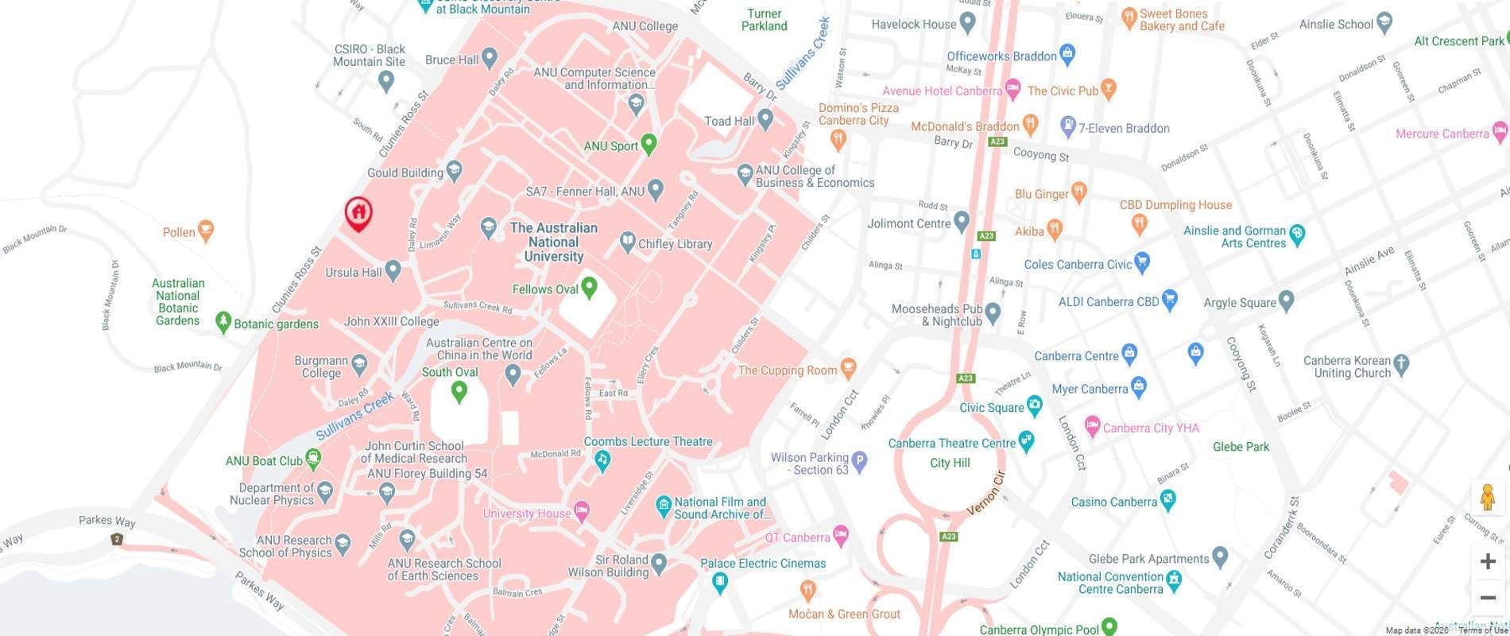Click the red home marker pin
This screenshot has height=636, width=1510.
pyautogui.click(x=358, y=213)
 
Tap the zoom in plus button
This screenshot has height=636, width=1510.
pyautogui.click(x=1488, y=561)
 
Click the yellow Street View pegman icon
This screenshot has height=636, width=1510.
pyautogui.click(x=1488, y=498)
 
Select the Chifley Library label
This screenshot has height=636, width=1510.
pyautogui.click(x=675, y=244)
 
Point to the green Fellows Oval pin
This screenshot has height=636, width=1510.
pyautogui.click(x=589, y=287)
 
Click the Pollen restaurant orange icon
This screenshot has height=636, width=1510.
pyautogui.click(x=206, y=231)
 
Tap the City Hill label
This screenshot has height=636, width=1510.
pyautogui.click(x=950, y=463)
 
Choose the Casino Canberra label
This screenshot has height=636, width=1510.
pyautogui.click(x=1113, y=502)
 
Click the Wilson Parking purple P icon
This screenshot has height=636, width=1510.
pyautogui.click(x=859, y=460)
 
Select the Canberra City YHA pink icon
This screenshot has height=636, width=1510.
pyautogui.click(x=1092, y=427)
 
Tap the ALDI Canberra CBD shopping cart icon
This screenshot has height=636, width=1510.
pyautogui.click(x=1169, y=301)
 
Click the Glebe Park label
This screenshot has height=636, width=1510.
pyautogui.click(x=1241, y=447)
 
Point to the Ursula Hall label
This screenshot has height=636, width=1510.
pyautogui.click(x=354, y=272)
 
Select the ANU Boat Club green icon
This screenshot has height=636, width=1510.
pyautogui.click(x=313, y=457)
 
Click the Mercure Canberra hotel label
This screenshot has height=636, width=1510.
pyautogui.click(x=1442, y=134)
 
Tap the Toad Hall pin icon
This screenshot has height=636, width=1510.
pyautogui.click(x=765, y=119)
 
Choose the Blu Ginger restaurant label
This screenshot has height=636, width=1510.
pyautogui.click(x=1041, y=194)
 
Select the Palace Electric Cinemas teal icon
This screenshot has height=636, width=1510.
pyautogui.click(x=720, y=583)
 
